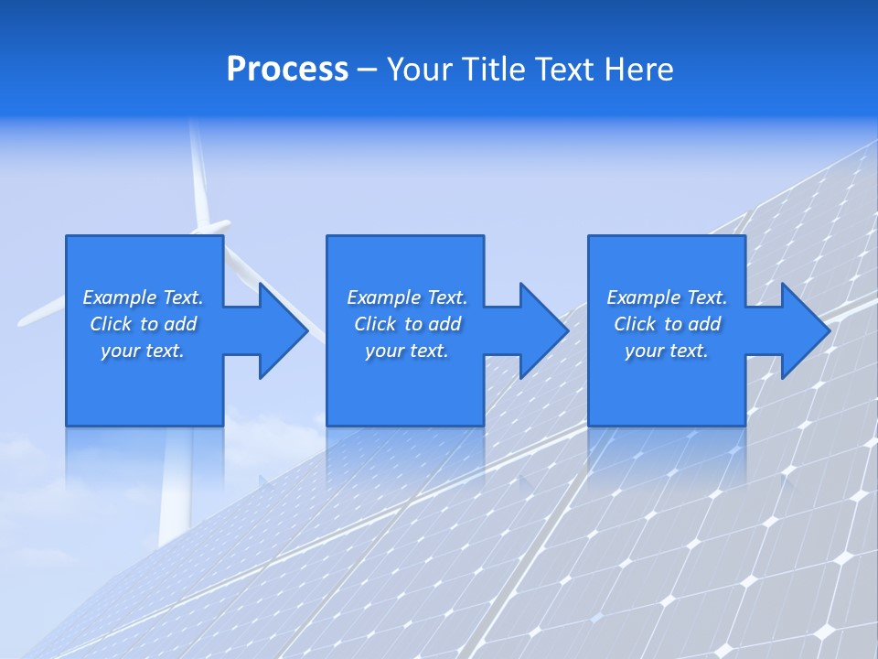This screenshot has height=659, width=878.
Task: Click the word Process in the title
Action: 287,70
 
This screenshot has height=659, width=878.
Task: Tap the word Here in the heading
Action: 637,70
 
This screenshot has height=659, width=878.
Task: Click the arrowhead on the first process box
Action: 280,330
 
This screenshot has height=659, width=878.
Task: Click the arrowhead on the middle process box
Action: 541,330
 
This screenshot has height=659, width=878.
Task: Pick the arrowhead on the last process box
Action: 802,330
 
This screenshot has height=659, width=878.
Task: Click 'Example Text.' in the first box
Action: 143,297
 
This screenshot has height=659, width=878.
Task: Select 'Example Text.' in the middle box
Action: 407,297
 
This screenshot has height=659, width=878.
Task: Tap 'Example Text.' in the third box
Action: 667,297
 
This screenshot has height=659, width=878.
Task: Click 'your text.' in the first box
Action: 143,351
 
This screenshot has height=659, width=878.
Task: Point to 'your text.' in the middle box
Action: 407,351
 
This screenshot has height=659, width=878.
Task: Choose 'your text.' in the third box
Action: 667,351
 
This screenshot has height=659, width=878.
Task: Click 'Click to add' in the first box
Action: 143,324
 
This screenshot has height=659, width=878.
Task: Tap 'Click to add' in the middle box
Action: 407,324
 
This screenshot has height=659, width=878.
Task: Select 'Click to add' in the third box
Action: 667,324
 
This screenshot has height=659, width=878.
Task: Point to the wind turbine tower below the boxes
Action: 174,494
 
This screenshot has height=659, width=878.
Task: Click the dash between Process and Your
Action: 367,70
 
